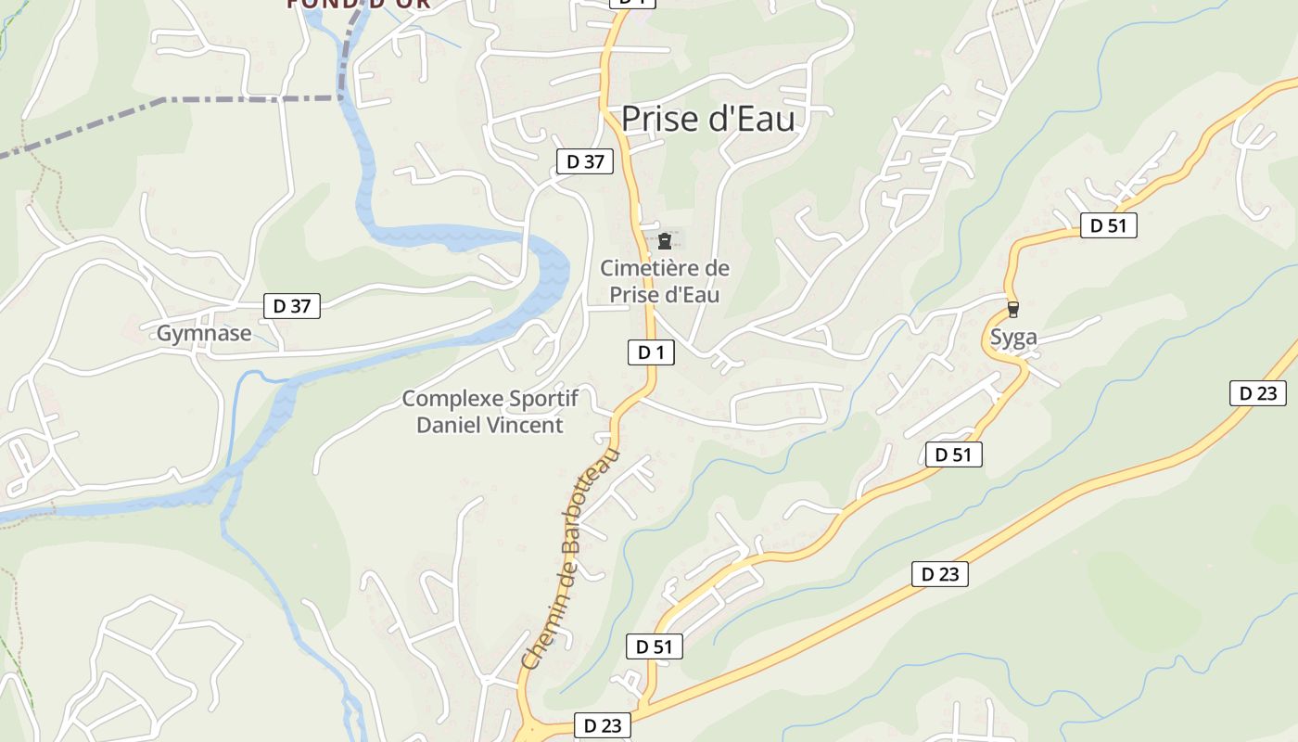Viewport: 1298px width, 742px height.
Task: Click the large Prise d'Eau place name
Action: [707, 119]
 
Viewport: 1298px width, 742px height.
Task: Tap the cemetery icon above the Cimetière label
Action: [664, 241]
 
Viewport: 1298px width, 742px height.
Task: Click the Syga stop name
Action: [1013, 338]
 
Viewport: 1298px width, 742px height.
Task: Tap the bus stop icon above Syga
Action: [1013, 310]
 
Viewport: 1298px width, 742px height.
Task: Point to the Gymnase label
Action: [204, 334]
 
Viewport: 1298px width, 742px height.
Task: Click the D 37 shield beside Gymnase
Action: [292, 306]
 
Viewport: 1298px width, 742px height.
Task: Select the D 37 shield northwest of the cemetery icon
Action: [585, 161]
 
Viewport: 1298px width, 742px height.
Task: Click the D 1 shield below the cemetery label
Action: [652, 352]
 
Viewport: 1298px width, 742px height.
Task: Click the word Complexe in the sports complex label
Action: [452, 399]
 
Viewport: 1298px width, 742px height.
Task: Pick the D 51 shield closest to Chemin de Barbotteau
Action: [655, 647]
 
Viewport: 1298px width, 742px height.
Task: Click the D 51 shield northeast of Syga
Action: [1108, 225]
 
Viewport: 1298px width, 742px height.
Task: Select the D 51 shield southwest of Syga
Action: [953, 454]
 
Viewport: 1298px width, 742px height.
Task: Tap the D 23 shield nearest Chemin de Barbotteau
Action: [603, 725]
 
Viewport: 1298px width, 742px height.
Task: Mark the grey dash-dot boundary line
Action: [250, 97]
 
